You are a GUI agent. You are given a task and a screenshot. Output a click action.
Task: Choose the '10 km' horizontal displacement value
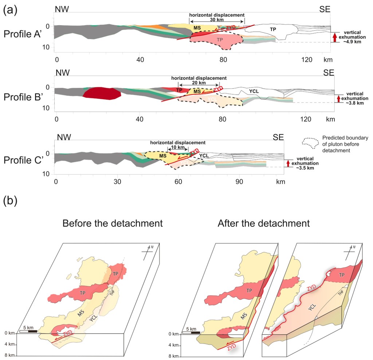(x=178, y=147)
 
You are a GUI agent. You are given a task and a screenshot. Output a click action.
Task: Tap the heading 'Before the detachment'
(x=112, y=223)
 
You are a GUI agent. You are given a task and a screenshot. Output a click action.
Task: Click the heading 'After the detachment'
(x=264, y=223)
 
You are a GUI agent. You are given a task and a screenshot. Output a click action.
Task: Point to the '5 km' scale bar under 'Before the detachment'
(x=28, y=330)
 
